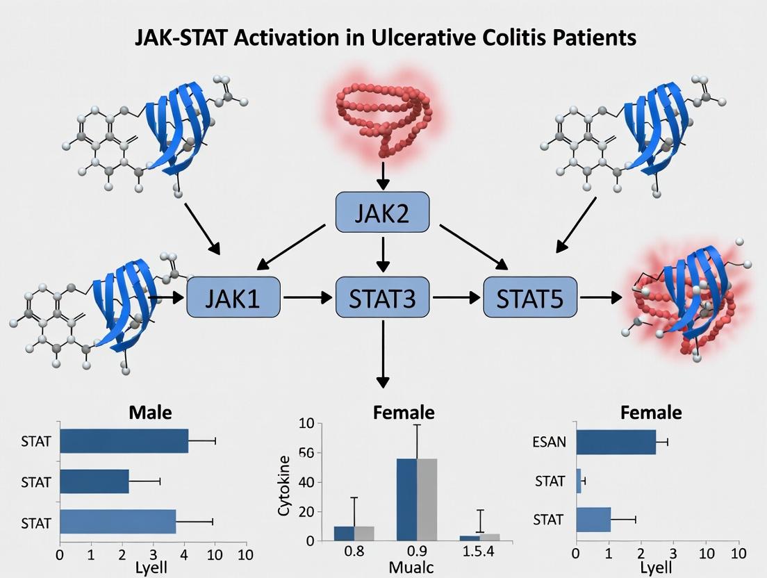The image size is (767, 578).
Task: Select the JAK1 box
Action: [233, 297]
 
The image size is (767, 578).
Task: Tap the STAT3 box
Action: [383, 297]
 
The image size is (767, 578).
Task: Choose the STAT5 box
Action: [531, 297]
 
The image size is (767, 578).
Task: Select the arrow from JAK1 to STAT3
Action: [308, 297]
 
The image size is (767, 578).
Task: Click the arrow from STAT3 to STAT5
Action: [457, 297]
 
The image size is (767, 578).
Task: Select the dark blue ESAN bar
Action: [616, 442]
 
